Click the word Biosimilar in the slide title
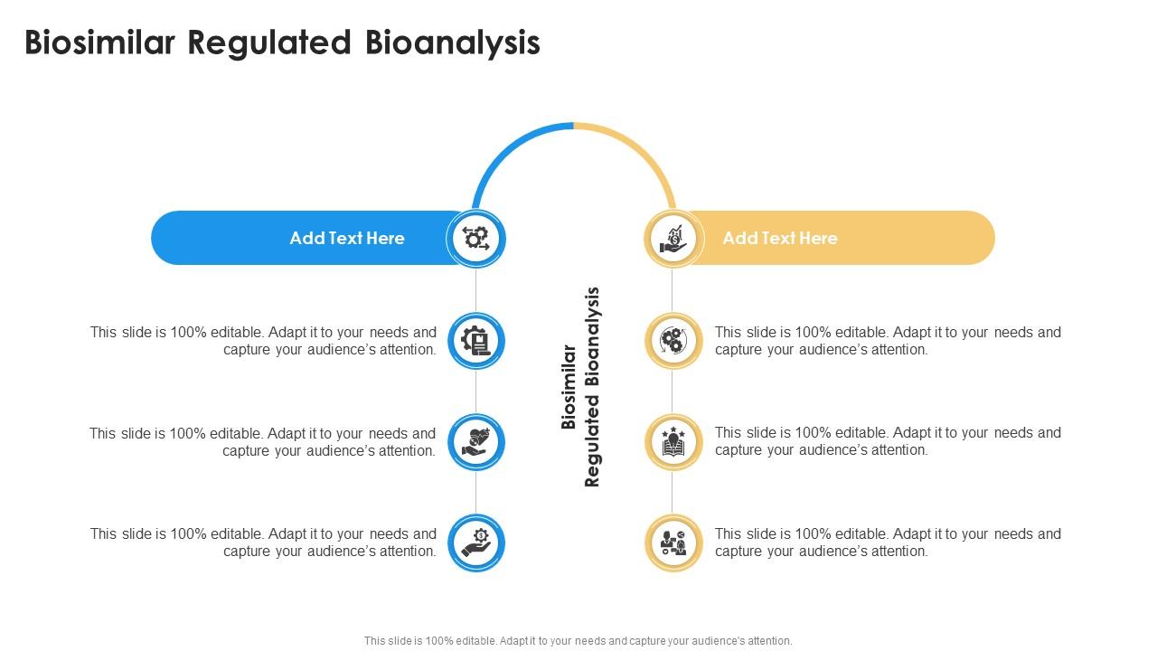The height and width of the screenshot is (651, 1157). (99, 42)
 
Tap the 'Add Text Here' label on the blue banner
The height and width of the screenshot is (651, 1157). (347, 238)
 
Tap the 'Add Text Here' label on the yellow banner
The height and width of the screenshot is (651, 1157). (780, 238)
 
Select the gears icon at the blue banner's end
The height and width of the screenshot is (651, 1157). (476, 239)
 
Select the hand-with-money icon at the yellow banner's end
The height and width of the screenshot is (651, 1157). (673, 239)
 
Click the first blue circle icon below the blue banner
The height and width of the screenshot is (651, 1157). (476, 341)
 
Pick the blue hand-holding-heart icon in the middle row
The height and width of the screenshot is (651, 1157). (476, 442)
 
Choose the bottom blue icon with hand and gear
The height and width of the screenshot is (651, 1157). (476, 542)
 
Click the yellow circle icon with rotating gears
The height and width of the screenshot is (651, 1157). (673, 341)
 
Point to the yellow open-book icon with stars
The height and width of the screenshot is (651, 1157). (673, 442)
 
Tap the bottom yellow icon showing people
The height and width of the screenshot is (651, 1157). (673, 542)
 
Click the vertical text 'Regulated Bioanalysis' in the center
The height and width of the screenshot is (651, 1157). (593, 387)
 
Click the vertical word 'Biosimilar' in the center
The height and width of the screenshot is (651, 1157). (569, 387)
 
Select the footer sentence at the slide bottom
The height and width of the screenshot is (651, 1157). (578, 640)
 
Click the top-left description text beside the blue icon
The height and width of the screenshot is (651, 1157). (263, 341)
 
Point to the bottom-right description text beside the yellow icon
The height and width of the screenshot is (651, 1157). (888, 542)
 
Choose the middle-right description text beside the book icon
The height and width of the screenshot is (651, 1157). (888, 441)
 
